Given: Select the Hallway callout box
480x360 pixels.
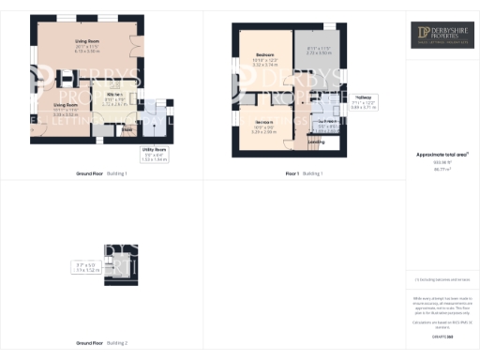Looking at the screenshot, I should pos(364,101).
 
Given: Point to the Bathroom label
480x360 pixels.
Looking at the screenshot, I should pos(328,125).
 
